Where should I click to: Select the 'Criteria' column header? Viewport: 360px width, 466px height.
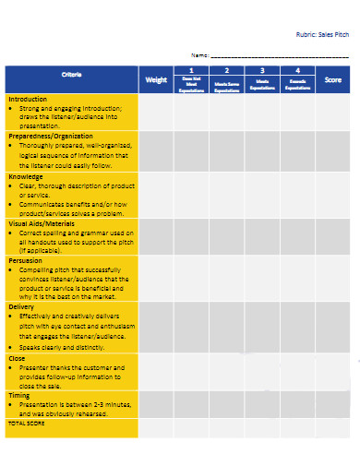(x=71, y=75)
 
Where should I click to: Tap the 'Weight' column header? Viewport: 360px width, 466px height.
(x=156, y=79)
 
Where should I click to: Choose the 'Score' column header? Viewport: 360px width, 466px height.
(x=333, y=79)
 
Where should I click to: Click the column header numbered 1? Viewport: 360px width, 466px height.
(x=191, y=70)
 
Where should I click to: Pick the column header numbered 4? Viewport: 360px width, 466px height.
(x=297, y=70)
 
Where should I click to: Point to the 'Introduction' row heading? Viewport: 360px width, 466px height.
(x=27, y=98)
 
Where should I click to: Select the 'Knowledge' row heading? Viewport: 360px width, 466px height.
(x=25, y=174)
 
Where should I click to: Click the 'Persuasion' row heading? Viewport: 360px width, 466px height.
(x=25, y=260)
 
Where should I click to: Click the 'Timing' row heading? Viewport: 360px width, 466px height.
(x=18, y=394)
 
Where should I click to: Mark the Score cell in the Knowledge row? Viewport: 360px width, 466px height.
(x=333, y=193)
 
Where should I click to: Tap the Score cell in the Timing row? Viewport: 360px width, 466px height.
(x=333, y=403)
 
